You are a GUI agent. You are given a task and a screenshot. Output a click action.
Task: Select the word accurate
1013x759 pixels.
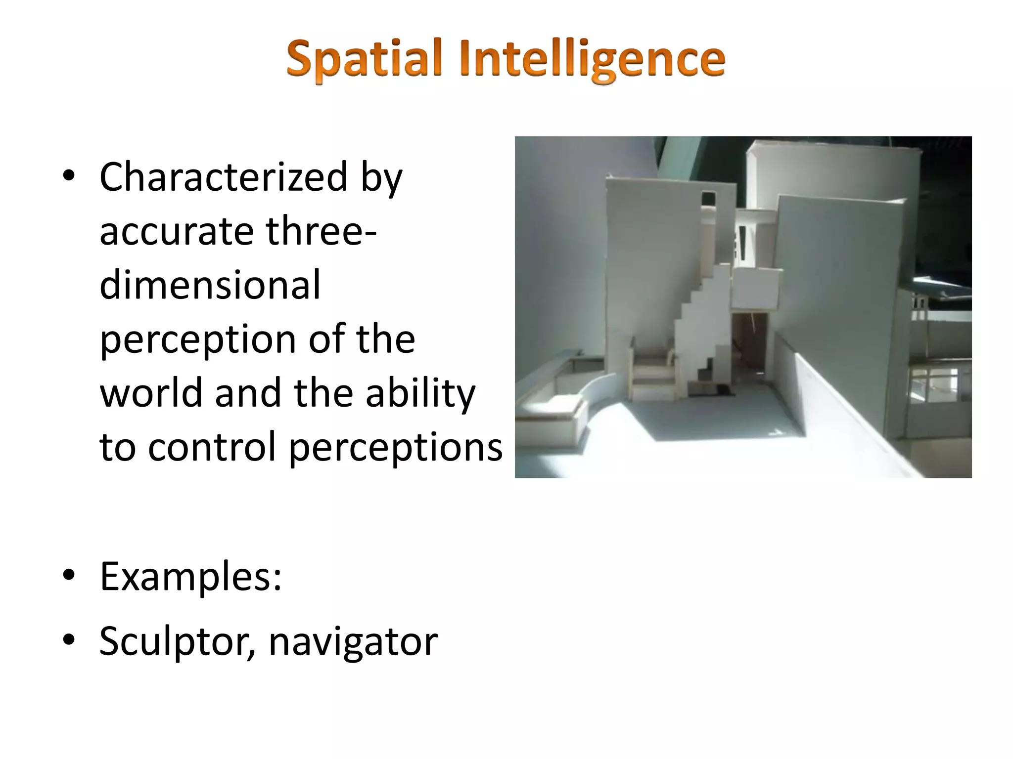(x=176, y=231)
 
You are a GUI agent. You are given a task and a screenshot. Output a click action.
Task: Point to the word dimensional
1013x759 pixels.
(x=210, y=285)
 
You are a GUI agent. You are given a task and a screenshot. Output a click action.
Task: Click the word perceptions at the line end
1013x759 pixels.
(x=395, y=447)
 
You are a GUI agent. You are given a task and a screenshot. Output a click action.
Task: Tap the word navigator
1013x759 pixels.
(x=353, y=641)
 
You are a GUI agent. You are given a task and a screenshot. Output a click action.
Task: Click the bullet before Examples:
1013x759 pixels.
(x=69, y=575)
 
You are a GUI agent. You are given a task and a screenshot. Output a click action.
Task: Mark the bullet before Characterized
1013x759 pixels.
(x=69, y=176)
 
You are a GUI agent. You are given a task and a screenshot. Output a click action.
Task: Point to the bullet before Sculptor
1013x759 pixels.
(x=69, y=640)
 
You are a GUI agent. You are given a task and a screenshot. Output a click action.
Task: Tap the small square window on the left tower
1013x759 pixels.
(x=708, y=198)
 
